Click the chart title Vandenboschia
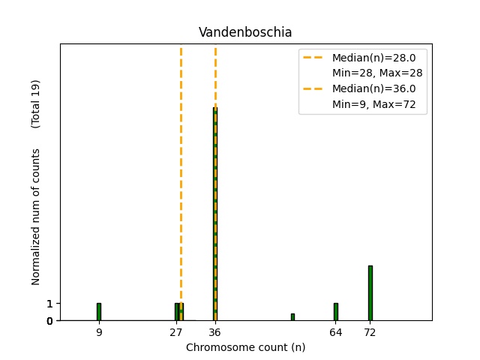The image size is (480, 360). (x=245, y=32)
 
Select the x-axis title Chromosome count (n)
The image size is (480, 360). (x=245, y=347)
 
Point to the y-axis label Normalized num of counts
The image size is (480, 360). (x=36, y=217)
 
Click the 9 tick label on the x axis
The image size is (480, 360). (x=99, y=331)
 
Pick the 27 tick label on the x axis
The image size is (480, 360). (x=176, y=331)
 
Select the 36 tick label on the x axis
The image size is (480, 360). (x=215, y=331)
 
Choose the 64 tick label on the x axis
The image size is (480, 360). (x=335, y=331)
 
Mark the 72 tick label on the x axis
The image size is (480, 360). (x=370, y=331)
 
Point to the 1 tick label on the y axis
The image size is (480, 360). (x=49, y=304)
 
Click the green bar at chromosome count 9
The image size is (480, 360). (x=99, y=311)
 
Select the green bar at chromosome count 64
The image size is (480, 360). (x=335, y=311)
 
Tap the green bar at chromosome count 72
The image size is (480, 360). (x=370, y=292)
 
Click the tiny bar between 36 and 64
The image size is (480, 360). (x=292, y=316)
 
